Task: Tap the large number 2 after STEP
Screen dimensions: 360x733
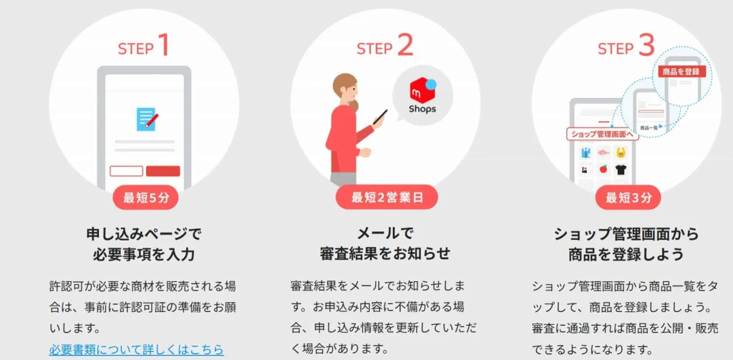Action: coord(404,46)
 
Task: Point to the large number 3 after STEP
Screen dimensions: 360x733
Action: coord(646,46)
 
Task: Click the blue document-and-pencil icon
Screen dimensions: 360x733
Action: coord(147,118)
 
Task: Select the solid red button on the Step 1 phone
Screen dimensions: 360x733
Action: coord(163,171)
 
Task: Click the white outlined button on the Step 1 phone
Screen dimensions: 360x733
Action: coord(126,171)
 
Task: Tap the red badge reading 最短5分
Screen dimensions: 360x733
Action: coord(145,198)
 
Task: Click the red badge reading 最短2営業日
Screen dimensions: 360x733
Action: coord(387,198)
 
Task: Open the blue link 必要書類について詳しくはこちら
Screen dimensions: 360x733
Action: coord(136,350)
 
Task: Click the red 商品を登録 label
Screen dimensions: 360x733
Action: coord(681,72)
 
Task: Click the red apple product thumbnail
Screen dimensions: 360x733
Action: coord(603,170)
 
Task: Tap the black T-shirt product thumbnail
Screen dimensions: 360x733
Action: coord(620,170)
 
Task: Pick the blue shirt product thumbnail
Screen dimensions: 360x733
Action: coord(586,152)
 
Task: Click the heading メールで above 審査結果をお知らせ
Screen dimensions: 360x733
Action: coord(386,233)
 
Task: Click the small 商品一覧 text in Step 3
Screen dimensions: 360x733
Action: coord(649,128)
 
